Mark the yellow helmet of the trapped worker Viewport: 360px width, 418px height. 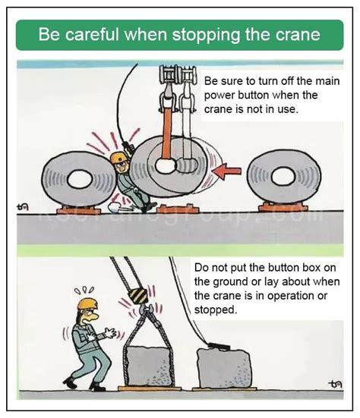(x=118, y=157)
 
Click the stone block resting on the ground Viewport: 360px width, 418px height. (x=225, y=369)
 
